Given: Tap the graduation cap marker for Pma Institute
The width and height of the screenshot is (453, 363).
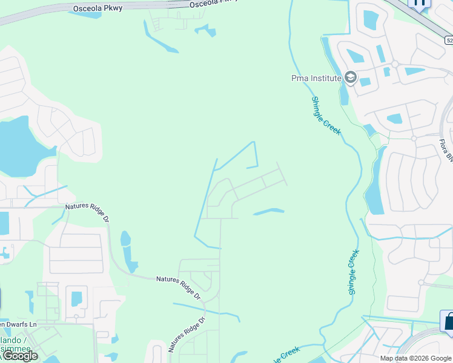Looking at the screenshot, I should click(x=350, y=78).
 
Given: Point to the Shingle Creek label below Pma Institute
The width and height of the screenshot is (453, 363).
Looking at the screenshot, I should click(x=326, y=116).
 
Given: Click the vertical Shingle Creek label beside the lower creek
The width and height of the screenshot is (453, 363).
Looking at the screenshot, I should click(x=353, y=272).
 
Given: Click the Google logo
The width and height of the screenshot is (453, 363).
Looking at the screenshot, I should click(x=20, y=356).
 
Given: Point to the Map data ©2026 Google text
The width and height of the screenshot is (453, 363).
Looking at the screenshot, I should click(x=415, y=358).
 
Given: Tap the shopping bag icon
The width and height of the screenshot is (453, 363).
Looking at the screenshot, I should click(x=449, y=321).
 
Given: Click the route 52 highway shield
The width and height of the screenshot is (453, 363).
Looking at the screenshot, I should click(x=448, y=40).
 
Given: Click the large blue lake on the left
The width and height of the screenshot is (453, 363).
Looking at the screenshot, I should click(x=18, y=145).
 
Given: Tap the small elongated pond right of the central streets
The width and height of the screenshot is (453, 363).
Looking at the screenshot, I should click(x=268, y=212).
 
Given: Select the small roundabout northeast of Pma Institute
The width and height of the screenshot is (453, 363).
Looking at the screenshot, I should click(x=394, y=64).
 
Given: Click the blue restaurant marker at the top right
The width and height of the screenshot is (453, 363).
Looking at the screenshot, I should click(x=419, y=3).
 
